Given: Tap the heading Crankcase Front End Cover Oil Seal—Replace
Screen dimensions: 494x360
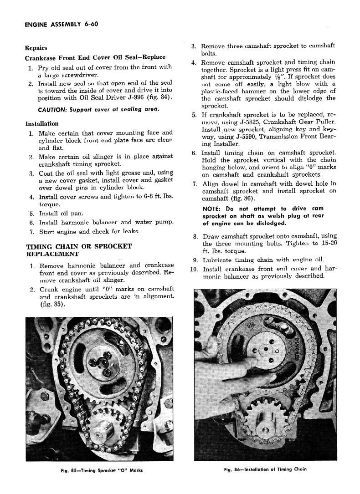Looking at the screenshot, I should click(x=95, y=58).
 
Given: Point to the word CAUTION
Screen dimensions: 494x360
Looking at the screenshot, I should click(x=53, y=110).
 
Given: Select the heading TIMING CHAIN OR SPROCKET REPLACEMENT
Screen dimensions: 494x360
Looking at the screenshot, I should click(x=78, y=250).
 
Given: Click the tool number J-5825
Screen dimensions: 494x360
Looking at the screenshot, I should click(x=237, y=122).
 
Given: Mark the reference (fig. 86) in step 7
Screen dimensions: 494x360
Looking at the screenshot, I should click(x=244, y=199).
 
